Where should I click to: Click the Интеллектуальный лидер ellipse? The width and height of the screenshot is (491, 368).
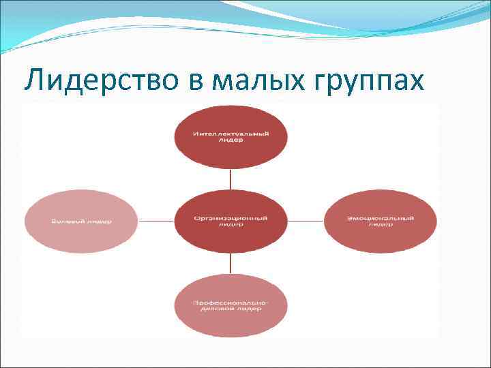point(230,136)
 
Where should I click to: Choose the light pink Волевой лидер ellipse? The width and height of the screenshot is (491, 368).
point(80,221)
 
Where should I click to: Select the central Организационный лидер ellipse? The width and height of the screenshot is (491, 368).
point(230,221)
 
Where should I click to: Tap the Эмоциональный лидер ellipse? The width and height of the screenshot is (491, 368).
point(380,221)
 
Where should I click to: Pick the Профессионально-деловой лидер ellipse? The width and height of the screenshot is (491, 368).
point(230,304)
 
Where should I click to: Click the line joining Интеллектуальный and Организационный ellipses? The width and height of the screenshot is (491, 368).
point(230,180)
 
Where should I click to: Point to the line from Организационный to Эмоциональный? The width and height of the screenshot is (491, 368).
point(305,221)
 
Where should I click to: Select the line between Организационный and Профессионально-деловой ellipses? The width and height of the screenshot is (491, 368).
point(230,262)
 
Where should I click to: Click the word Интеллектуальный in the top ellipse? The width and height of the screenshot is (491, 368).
point(230,134)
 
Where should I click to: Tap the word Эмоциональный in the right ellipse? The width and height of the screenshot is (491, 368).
point(380,218)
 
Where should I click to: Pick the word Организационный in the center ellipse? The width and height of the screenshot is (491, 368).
point(230,218)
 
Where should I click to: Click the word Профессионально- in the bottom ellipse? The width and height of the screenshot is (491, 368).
point(230,301)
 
